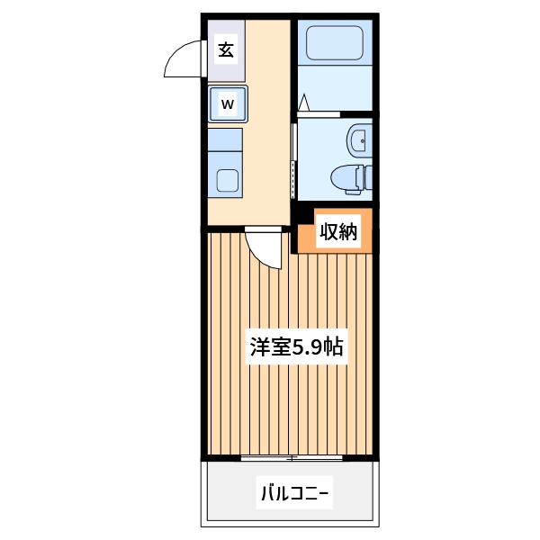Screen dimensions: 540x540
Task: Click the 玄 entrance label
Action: pyautogui.click(x=227, y=50)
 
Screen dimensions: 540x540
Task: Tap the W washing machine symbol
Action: pyautogui.click(x=228, y=104)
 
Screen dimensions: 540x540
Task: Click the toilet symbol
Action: pyautogui.click(x=350, y=176)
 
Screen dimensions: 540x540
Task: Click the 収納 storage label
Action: pyautogui.click(x=338, y=231)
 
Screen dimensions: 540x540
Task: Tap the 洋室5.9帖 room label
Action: pyautogui.click(x=296, y=346)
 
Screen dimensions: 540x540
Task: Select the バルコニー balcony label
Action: pyautogui.click(x=296, y=493)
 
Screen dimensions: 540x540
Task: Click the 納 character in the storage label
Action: pyautogui.click(x=349, y=231)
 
